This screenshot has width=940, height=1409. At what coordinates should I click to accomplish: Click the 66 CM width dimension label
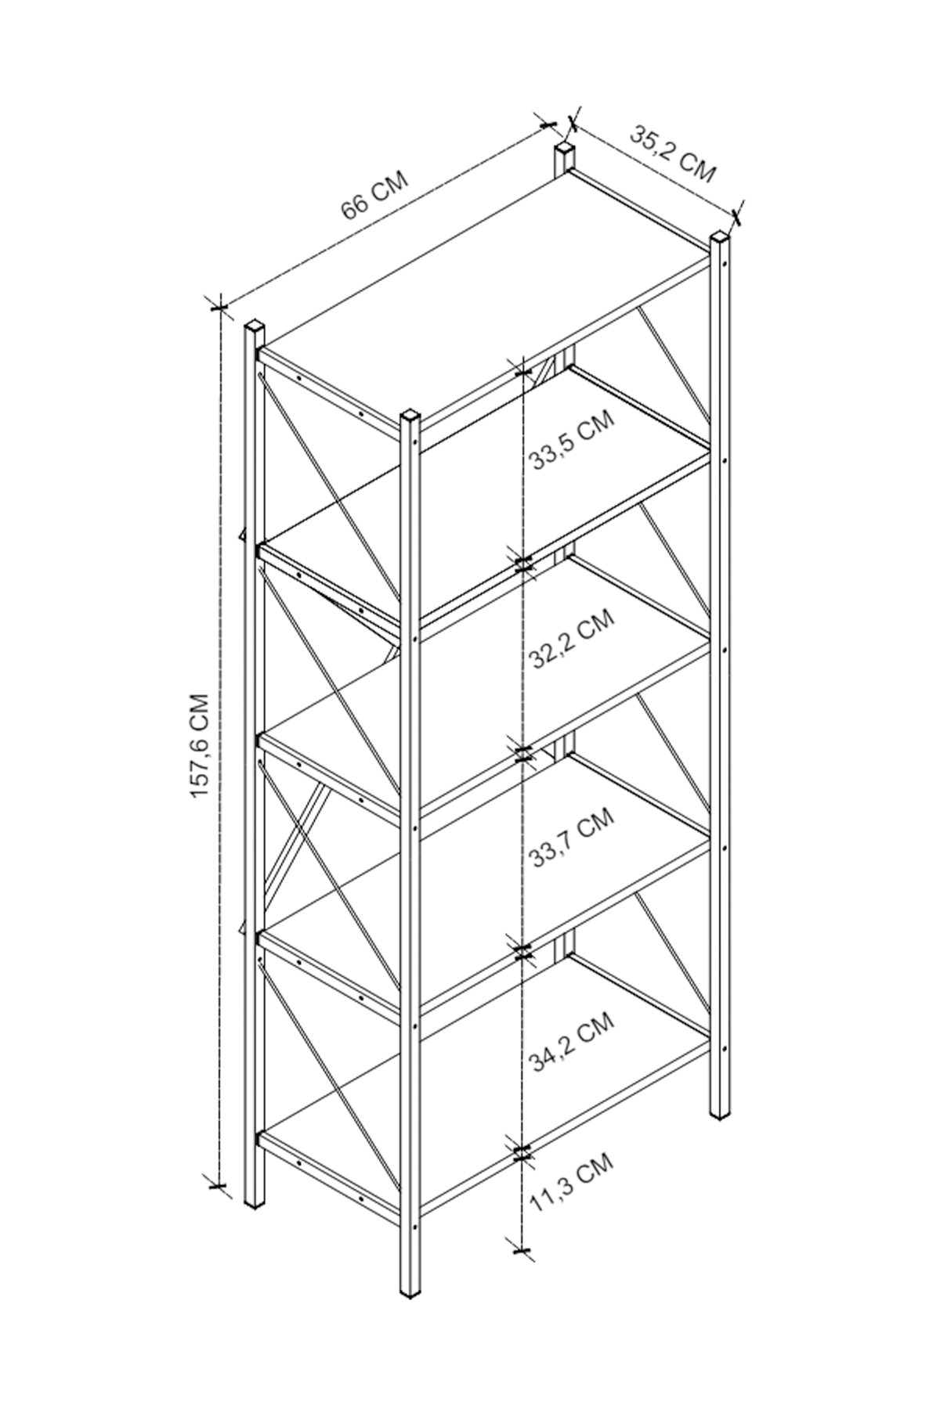(374, 196)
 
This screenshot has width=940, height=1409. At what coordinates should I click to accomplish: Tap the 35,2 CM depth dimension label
(673, 153)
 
